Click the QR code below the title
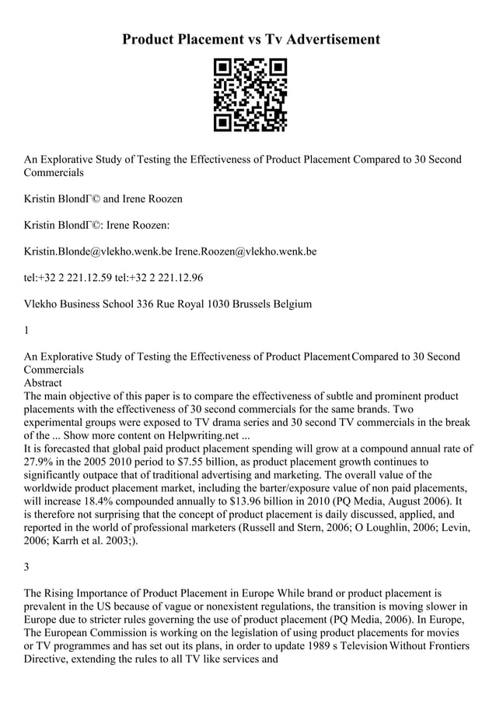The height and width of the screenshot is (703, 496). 250,94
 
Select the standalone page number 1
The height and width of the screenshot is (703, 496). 27,330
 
